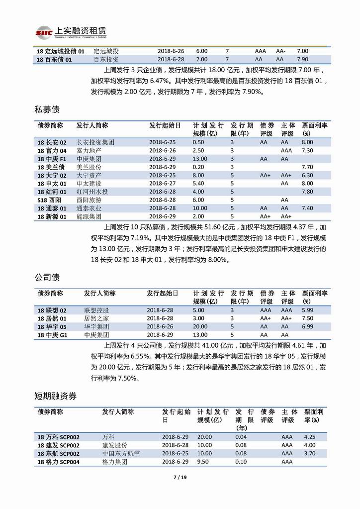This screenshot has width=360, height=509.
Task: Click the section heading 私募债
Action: pyautogui.click(x=48, y=109)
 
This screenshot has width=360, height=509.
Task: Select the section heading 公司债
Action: pyautogui.click(x=48, y=277)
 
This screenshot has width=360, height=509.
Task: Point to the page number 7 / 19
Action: pyautogui.click(x=180, y=478)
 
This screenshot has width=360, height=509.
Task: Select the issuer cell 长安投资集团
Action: pyautogui.click(x=95, y=142)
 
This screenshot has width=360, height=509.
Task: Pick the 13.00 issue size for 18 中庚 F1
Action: pyautogui.click(x=200, y=159)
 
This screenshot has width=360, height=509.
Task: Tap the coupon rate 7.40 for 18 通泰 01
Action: pyautogui.click(x=307, y=208)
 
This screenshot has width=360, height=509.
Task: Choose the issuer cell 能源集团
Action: pyautogui.click(x=89, y=216)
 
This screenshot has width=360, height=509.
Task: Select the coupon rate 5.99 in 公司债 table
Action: pyautogui.click(x=307, y=310)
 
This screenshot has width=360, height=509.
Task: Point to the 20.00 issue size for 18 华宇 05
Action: pyautogui.click(x=200, y=326)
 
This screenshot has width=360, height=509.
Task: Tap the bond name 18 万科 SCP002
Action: pyautogui.click(x=58, y=437)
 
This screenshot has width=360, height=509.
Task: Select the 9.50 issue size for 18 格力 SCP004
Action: pyautogui.click(x=203, y=462)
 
